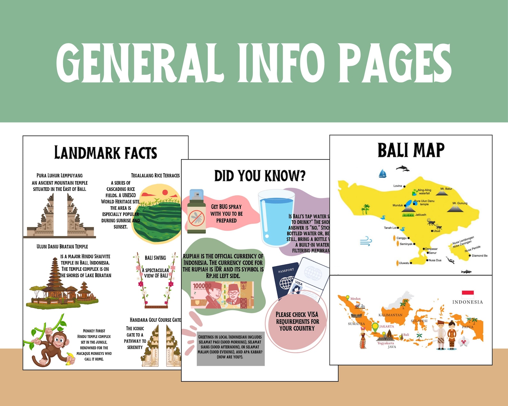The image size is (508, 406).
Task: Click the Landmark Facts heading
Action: pyautogui.click(x=106, y=153)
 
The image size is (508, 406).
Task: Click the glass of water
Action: pyautogui.click(x=275, y=217)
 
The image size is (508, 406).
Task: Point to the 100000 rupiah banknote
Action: pyautogui.click(x=222, y=295)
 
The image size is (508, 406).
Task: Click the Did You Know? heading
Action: pyautogui.click(x=260, y=176)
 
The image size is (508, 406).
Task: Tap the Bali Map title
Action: pyautogui.click(x=411, y=150)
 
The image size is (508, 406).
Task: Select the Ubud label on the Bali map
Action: pyautogui.click(x=437, y=231)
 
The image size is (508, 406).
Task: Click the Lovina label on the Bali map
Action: pyautogui.click(x=398, y=186)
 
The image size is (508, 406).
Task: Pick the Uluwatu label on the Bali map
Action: pyautogui.click(x=404, y=263)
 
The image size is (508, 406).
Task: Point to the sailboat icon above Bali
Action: pyautogui.click(x=383, y=174)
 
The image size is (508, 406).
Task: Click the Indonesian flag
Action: pyautogui.click(x=468, y=294)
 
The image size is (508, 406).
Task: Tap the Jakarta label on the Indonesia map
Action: pyautogui.click(x=386, y=326)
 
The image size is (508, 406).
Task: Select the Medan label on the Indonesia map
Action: pyautogui.click(x=355, y=299)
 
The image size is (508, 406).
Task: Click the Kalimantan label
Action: pyautogui.click(x=390, y=315)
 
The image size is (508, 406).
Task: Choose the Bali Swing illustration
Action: pyautogui.click(x=156, y=281)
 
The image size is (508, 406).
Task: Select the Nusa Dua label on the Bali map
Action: pyautogui.click(x=435, y=260)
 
